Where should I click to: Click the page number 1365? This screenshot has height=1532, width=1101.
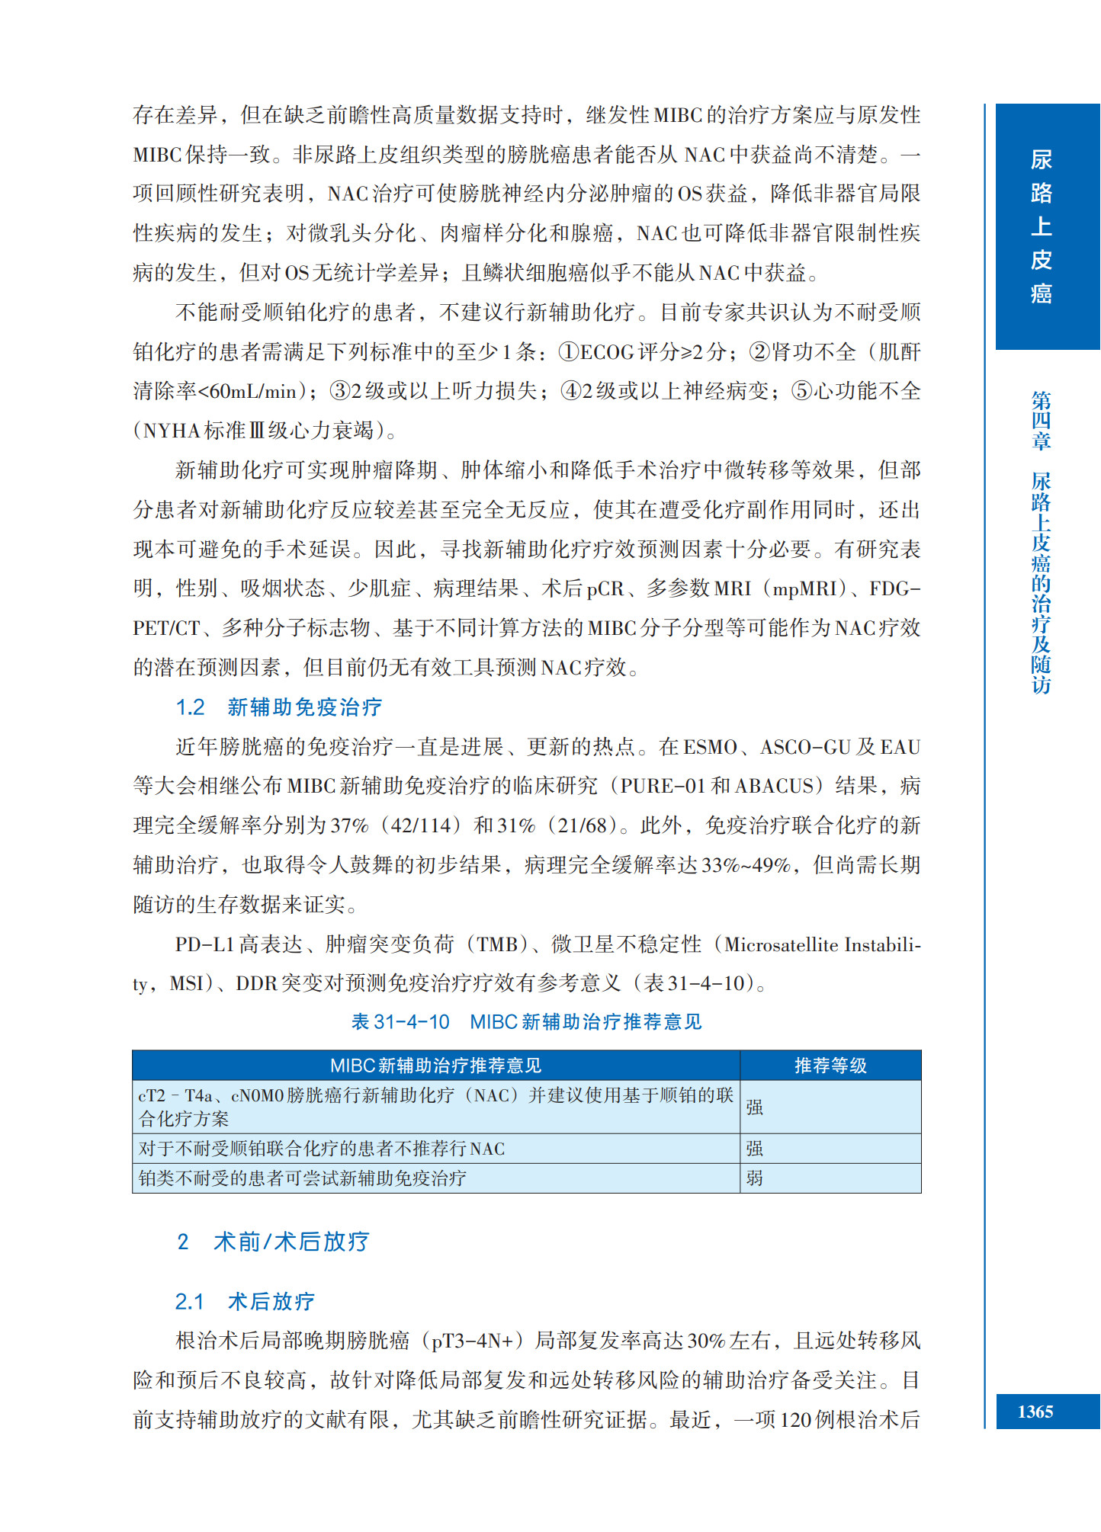coord(1035,1412)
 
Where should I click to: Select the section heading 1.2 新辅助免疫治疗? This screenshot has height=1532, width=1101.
coord(278,707)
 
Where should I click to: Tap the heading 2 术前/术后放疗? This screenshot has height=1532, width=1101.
coord(273,1242)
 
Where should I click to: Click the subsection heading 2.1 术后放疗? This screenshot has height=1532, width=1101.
coord(245,1301)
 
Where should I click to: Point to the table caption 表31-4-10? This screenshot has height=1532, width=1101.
coord(400,1021)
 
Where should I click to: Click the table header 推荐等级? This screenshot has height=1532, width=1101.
coord(830,1065)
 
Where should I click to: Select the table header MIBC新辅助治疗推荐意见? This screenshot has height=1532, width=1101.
coord(435,1065)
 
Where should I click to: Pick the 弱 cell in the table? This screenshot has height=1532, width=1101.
coord(754,1178)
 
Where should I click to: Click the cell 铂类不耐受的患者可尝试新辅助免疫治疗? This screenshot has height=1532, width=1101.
coord(302,1178)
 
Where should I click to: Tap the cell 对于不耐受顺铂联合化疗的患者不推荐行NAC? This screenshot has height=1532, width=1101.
coord(321,1149)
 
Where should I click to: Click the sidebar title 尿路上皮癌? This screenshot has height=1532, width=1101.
coord(1041,226)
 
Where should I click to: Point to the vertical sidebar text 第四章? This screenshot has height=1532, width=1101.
coord(1041,420)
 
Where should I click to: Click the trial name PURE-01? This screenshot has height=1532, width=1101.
coord(663,786)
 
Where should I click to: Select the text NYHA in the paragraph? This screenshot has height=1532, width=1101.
coord(172,431)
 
